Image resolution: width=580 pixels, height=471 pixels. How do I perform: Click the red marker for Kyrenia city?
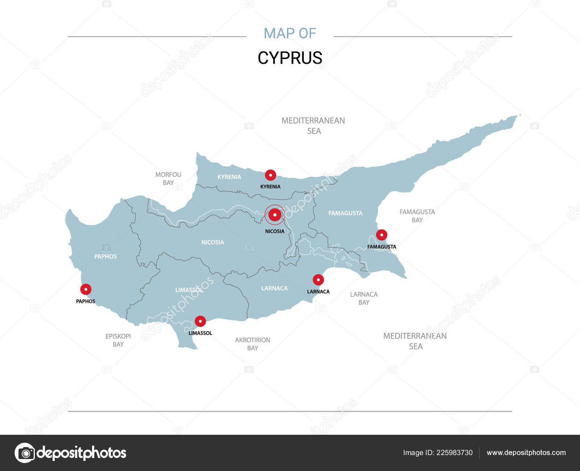[270, 175]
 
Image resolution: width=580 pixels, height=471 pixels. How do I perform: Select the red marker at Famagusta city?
[381, 235]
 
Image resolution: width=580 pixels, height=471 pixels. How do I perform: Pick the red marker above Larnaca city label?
[318, 280]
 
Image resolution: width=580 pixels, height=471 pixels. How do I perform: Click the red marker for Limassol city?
[200, 321]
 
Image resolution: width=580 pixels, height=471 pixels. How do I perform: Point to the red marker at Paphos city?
[86, 289]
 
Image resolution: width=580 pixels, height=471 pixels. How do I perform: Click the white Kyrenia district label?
[229, 177]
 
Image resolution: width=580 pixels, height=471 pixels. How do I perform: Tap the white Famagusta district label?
[345, 213]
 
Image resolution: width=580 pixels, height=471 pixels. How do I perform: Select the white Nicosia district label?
[212, 242]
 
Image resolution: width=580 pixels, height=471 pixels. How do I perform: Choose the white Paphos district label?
[105, 257]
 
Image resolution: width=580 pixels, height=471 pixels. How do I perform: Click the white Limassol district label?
[189, 290]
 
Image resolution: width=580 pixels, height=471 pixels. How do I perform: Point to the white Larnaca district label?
[274, 288]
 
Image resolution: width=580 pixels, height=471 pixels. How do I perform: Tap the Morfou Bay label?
[168, 179]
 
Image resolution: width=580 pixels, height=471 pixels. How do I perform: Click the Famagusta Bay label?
[417, 216]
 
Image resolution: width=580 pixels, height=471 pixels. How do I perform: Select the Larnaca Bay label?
[364, 298]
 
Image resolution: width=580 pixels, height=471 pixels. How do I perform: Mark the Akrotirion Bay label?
[253, 344]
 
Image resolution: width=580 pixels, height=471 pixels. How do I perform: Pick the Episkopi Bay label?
[118, 340]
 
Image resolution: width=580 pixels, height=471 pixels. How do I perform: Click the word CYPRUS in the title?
[290, 58]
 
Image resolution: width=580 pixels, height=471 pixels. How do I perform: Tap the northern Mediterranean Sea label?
[314, 125]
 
